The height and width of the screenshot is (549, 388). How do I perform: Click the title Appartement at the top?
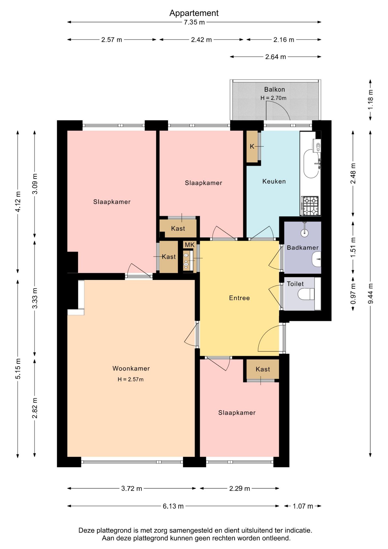click(x=194, y=13)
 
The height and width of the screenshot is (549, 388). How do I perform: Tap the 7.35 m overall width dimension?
click(x=194, y=22)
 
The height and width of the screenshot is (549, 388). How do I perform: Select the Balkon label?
click(x=274, y=89)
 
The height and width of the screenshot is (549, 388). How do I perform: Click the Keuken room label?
click(x=274, y=181)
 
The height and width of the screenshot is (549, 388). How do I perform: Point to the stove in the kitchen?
click(x=310, y=206)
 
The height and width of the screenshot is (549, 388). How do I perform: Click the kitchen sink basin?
click(x=311, y=164)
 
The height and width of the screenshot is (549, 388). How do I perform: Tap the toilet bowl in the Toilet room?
click(x=306, y=294)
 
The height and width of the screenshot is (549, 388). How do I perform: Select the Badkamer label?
click(x=303, y=248)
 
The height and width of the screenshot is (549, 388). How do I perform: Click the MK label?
click(x=189, y=245)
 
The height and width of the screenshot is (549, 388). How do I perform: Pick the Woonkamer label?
click(x=131, y=368)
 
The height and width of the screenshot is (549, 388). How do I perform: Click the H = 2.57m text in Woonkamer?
click(x=131, y=379)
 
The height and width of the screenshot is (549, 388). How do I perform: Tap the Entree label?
click(x=239, y=298)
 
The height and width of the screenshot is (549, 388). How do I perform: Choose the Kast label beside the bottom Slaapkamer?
click(x=263, y=369)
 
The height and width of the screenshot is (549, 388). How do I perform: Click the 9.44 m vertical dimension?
click(x=370, y=294)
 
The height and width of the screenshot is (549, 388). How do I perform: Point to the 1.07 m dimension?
click(x=303, y=506)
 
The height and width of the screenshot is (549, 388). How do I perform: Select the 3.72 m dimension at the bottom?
click(x=131, y=488)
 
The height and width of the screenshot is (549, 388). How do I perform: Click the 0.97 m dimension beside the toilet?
click(x=353, y=294)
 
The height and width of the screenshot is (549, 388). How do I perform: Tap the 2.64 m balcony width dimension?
click(x=276, y=57)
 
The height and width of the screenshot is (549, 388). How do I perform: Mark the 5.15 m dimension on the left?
click(x=18, y=369)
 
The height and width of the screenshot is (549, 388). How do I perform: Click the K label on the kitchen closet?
click(x=252, y=146)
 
